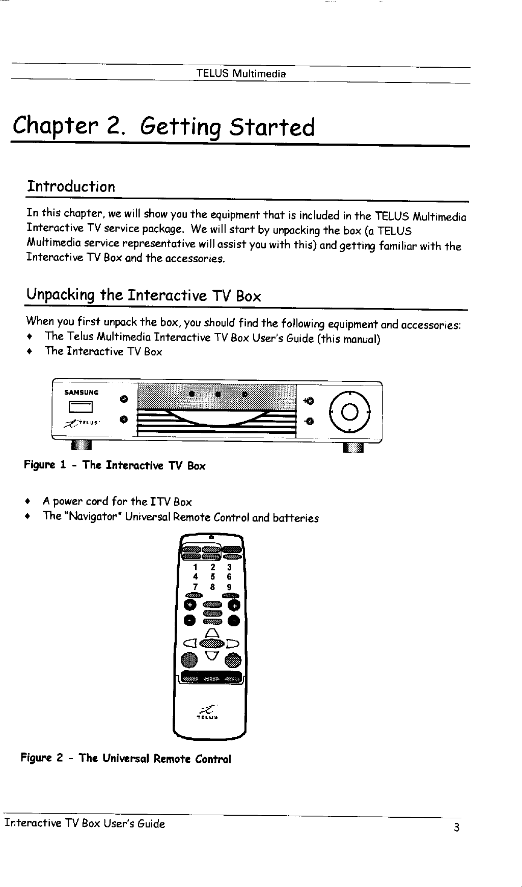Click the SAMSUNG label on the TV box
coord(81,393)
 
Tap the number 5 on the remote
coord(212,577)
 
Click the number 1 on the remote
coord(195,567)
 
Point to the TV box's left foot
coord(81,447)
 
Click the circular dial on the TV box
coord(350,411)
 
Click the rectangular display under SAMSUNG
coord(81,407)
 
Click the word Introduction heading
coord(71,187)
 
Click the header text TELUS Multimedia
coord(241,73)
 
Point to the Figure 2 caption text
coord(126,759)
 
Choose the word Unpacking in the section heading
coord(61,295)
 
